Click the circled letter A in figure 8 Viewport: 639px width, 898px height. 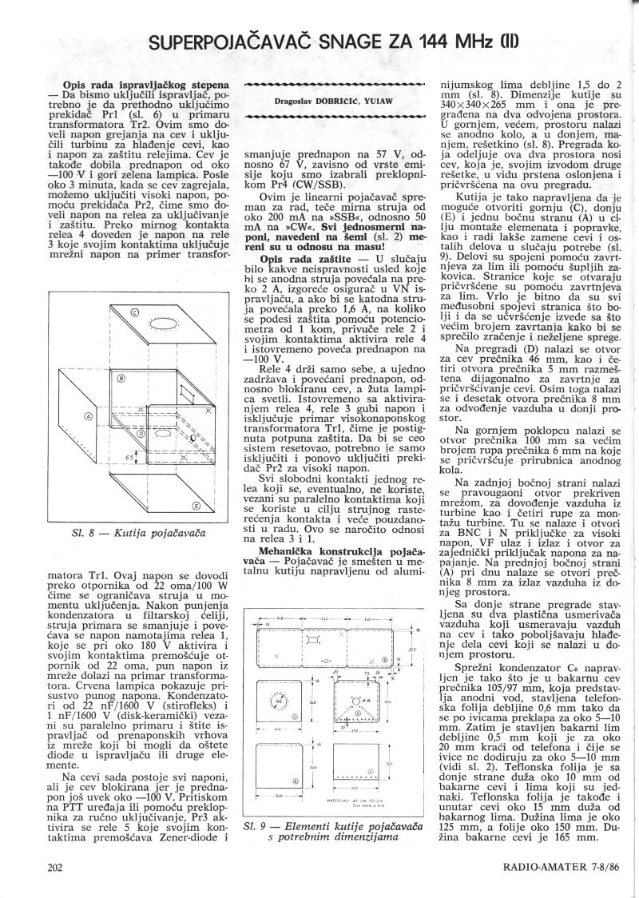[88, 416]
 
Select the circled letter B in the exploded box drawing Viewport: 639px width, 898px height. [121, 378]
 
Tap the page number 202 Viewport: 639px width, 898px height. [55, 866]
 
